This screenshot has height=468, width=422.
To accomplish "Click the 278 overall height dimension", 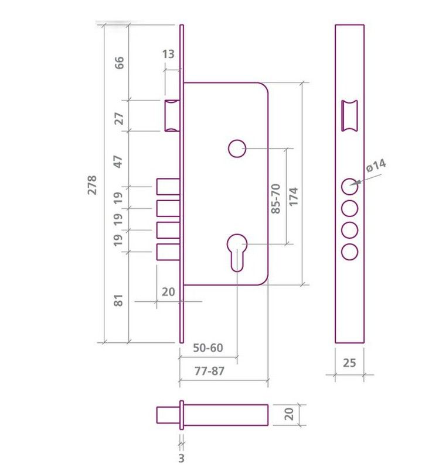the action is tap(92, 185).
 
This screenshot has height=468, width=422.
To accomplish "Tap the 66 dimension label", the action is tap(120, 63).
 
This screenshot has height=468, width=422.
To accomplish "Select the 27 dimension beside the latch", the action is tap(120, 119).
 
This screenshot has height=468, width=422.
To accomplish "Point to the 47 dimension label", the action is tap(119, 162).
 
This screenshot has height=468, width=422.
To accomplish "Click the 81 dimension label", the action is tap(119, 300).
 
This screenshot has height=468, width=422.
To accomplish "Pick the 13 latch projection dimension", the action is tap(168, 54).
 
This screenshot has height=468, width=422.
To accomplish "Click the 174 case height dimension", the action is tap(294, 197).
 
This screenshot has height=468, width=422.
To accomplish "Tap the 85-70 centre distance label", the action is tap(275, 199).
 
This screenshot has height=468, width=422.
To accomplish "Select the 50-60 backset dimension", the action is tap(208, 347).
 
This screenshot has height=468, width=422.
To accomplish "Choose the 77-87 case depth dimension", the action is tap(209, 371).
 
